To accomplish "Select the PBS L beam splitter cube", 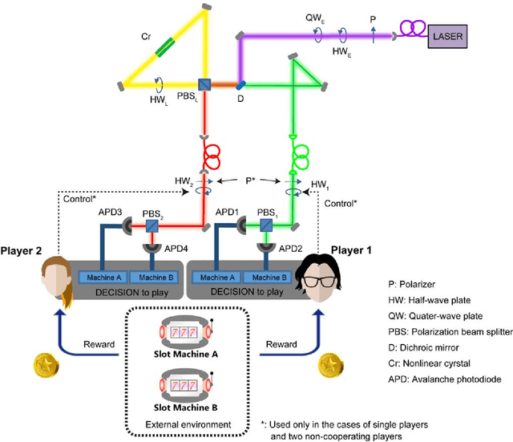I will point(206,83).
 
